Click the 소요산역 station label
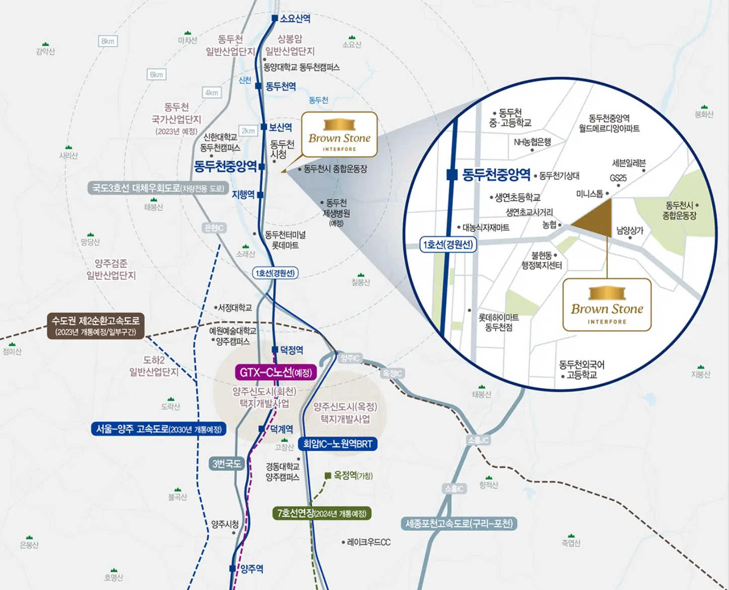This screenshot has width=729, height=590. pos(295,19)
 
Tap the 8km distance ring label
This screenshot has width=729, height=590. pos(108,41)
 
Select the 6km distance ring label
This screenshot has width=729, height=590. pos(157,75)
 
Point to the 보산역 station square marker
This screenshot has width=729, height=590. pos(264,127)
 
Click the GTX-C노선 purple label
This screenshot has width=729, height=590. pos(275,373)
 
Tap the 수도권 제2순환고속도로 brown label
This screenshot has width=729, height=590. pos(96,326)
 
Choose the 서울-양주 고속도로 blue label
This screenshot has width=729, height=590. pos(159,429)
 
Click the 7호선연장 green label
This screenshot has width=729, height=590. pos(322,513)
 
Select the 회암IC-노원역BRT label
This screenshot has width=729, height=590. pos(337,444)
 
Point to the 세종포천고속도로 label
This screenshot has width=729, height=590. pos(459,524)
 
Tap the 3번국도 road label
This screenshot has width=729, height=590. pos(227,464)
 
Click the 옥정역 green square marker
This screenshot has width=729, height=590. pos(328,475)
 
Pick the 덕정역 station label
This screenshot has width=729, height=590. pos(291,350)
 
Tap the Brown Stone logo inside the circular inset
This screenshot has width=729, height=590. pos(607,305)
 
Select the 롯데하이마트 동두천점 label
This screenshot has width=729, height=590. pos(498,322)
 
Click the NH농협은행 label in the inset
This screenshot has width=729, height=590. pos(532,142)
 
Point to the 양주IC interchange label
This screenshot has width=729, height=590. pos(350,358)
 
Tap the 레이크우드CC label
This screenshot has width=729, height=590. pos(369,542)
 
